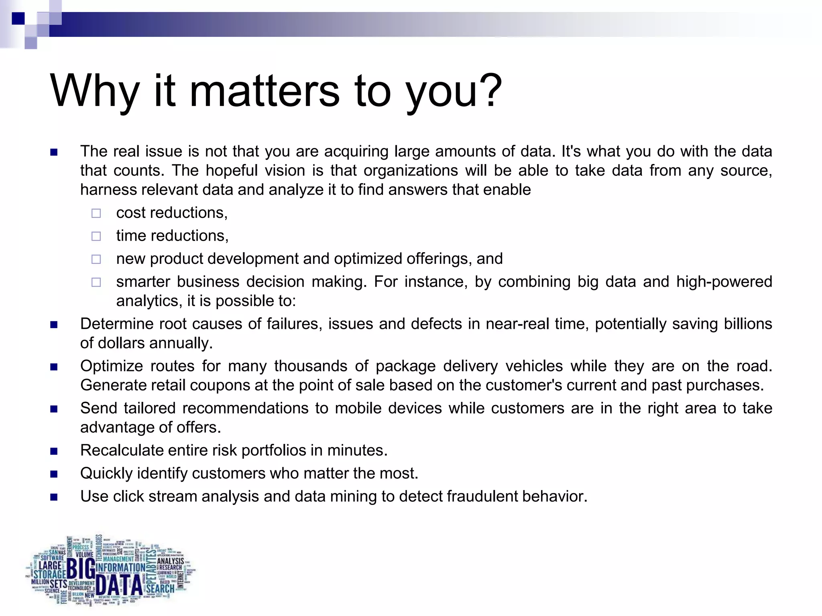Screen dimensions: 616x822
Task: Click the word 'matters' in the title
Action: pyautogui.click(x=265, y=91)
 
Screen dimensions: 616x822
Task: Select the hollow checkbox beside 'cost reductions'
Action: pyautogui.click(x=96, y=213)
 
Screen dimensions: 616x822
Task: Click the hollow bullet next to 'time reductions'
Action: pyautogui.click(x=96, y=236)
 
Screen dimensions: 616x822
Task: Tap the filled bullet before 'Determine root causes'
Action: pyautogui.click(x=54, y=324)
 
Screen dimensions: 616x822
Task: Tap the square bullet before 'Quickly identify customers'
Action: pyautogui.click(x=54, y=474)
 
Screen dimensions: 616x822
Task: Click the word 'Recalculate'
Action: pyautogui.click(x=121, y=450)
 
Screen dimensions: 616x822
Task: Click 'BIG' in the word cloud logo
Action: pyautogui.click(x=81, y=568)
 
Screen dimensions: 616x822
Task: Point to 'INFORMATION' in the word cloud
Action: pyautogui.click(x=120, y=568)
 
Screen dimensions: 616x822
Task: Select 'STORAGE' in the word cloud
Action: pyautogui.click(x=50, y=575)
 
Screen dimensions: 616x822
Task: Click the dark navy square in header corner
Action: pyautogui.click(x=18, y=18)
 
